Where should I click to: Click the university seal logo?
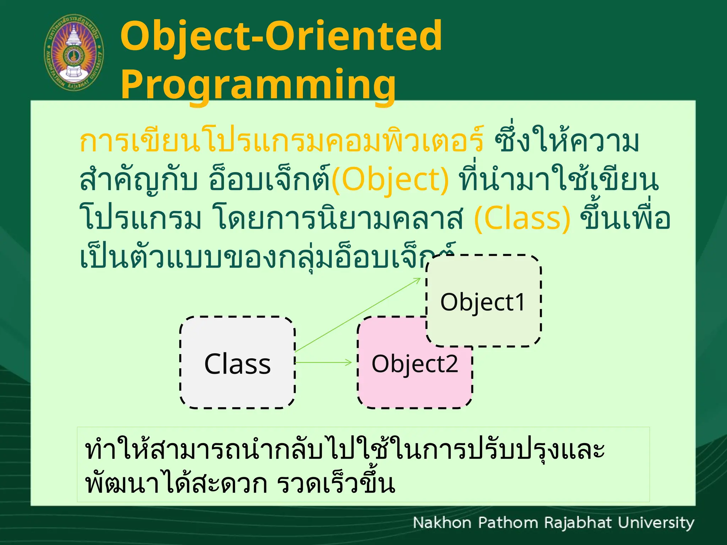point(74,53)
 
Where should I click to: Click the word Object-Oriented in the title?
point(281,36)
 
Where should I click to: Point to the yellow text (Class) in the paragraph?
point(522,219)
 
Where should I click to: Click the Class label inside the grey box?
point(237,364)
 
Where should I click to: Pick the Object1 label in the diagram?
point(482,302)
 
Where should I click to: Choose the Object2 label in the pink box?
point(415,364)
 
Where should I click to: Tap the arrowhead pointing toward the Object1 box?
point(417,280)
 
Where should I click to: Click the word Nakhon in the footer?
point(442,523)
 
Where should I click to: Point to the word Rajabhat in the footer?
point(578,523)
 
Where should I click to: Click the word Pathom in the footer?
point(508,523)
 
